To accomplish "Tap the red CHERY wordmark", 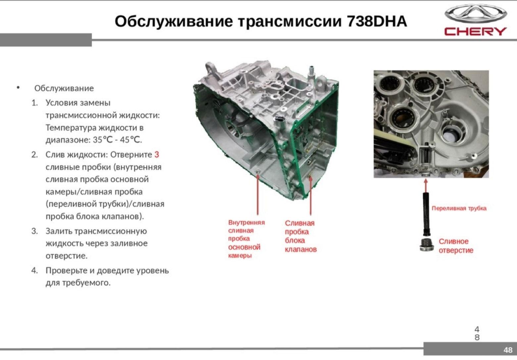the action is [x=475, y=31].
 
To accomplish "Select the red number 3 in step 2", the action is [x=157, y=155].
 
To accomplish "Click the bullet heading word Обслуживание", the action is [x=64, y=88].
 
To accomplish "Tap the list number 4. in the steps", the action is [x=35, y=271].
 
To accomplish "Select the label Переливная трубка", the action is [x=459, y=208].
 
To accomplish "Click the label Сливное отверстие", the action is [x=456, y=246].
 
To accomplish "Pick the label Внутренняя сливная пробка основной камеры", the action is [x=246, y=239].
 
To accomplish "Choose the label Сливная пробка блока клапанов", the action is [x=300, y=236].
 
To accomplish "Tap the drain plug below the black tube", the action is [x=426, y=245].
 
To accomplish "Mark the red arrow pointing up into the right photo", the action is [x=426, y=185].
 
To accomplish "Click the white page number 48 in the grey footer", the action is [x=508, y=350].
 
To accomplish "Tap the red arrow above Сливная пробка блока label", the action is [x=311, y=196].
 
